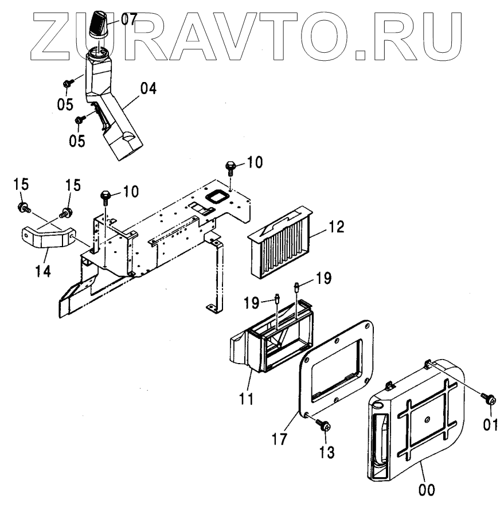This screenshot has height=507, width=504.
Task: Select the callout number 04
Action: pos(148,89)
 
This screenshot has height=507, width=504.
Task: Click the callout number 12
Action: pos(336,227)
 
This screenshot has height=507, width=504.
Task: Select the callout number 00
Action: pos(426,490)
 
